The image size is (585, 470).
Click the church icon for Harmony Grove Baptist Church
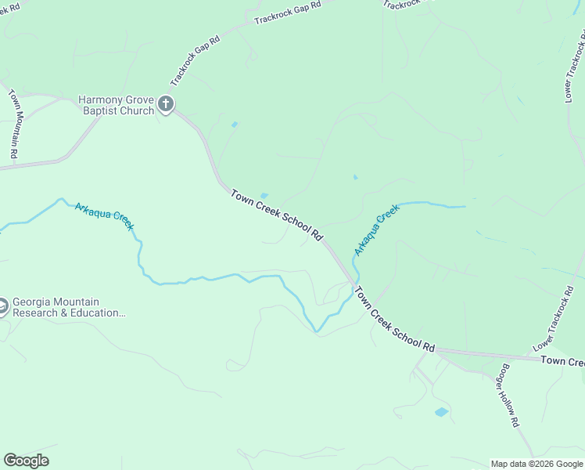(x=165, y=103)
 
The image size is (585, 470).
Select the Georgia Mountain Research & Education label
(x=69, y=306)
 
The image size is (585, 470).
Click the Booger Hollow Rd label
(x=509, y=396)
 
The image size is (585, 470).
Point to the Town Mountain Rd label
(x=13, y=124)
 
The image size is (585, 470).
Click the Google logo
(x=26, y=461)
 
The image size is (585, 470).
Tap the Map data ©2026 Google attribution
(x=537, y=464)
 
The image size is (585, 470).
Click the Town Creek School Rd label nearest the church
(x=277, y=214)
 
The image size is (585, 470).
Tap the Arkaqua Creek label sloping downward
(x=104, y=216)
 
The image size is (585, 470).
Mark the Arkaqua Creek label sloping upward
(x=376, y=230)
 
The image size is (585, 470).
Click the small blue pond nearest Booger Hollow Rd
(x=442, y=411)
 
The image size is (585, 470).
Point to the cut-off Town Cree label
(x=562, y=361)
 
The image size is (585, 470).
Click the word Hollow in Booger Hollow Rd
(x=510, y=396)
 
